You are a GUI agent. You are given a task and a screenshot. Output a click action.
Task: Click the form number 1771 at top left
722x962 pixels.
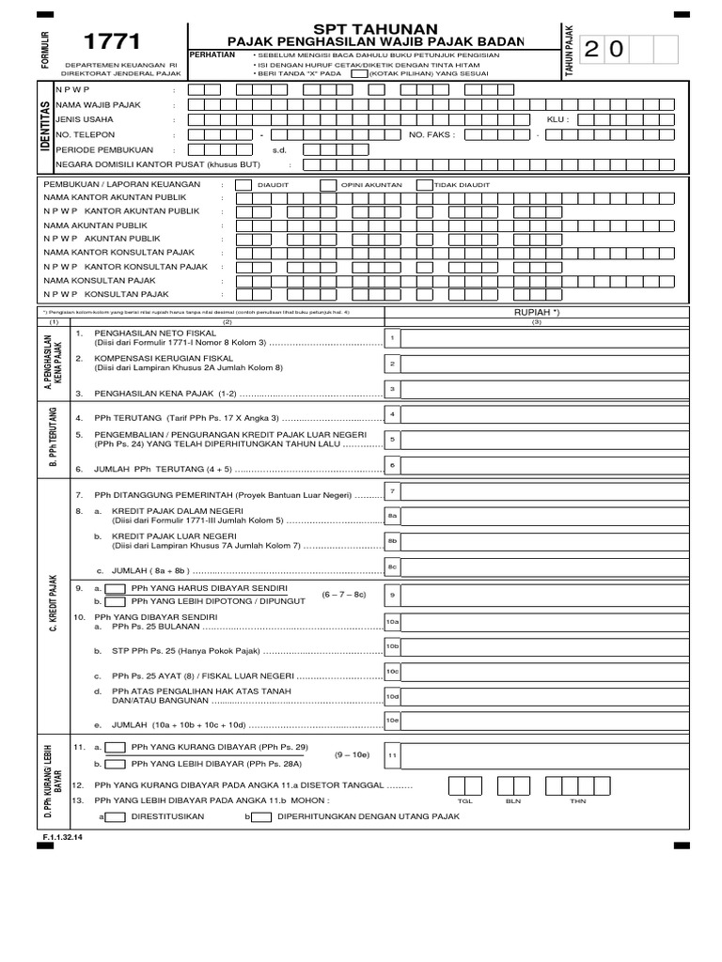pos(113,41)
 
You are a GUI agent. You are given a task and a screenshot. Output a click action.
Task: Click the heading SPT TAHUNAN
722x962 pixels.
pos(377,29)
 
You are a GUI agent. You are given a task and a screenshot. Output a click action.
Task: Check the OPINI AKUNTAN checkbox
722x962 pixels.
pos(328,185)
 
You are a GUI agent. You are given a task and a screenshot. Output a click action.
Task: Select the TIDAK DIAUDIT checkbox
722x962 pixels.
pos(424,185)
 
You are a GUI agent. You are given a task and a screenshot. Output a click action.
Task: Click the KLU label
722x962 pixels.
pos(558,120)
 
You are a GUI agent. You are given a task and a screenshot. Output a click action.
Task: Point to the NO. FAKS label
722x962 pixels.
pos(432,134)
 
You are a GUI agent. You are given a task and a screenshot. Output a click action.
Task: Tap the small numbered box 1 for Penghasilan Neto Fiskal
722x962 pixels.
pos(393,337)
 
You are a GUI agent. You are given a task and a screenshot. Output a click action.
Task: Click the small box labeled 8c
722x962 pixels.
pos(393,566)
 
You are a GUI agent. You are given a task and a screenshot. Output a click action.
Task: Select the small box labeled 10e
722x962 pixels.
pos(393,720)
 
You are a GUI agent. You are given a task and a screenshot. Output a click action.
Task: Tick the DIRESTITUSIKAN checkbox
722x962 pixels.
pos(117,817)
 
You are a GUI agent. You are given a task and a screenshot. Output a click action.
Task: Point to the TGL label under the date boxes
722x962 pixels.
pos(463,802)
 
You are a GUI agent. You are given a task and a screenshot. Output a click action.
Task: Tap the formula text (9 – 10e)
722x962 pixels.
pos(352,754)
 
